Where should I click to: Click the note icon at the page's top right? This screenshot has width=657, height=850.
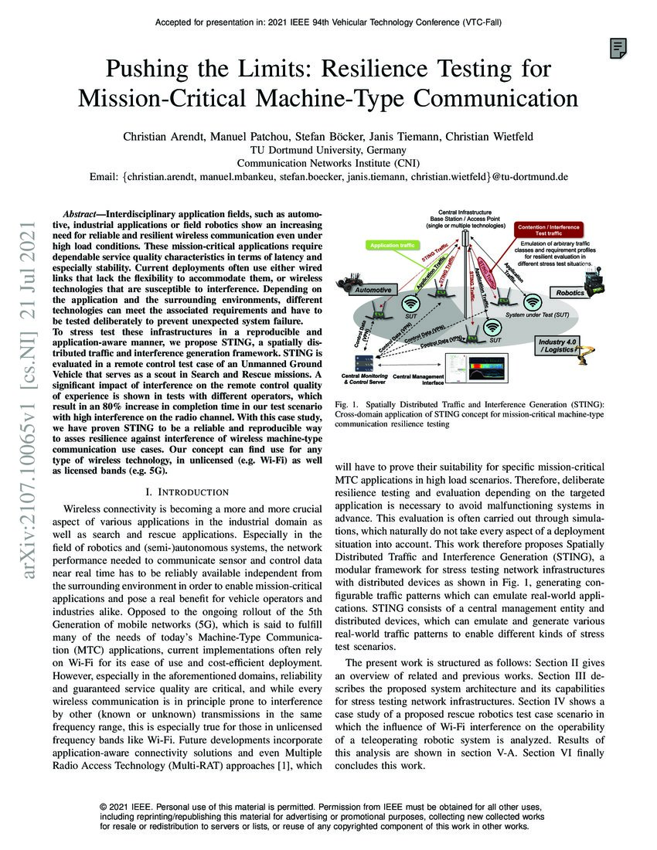click(x=618, y=49)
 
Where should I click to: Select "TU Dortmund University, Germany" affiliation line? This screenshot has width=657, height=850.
click(x=328, y=150)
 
